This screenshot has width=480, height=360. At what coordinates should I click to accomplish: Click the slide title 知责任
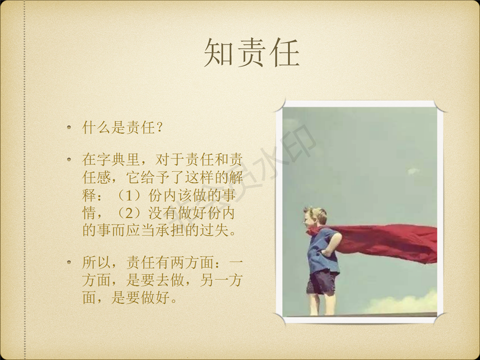[x=252, y=52]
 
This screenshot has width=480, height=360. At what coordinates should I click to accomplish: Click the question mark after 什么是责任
[x=158, y=127]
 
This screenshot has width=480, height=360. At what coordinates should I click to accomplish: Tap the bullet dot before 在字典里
[x=69, y=159]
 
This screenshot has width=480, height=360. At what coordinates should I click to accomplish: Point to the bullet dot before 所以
[x=69, y=262]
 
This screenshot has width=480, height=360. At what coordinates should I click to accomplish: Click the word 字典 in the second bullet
[x=111, y=159]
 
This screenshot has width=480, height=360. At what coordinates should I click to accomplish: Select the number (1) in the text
[x=129, y=195]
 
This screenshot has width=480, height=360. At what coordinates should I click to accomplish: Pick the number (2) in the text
[x=129, y=213]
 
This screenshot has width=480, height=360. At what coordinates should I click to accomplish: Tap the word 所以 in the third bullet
[x=97, y=262]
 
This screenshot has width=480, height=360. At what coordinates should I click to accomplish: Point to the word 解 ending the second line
[x=236, y=177]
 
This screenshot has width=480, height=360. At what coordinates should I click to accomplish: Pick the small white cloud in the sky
[x=413, y=171]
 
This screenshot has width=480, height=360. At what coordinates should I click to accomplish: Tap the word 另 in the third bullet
[x=207, y=280]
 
